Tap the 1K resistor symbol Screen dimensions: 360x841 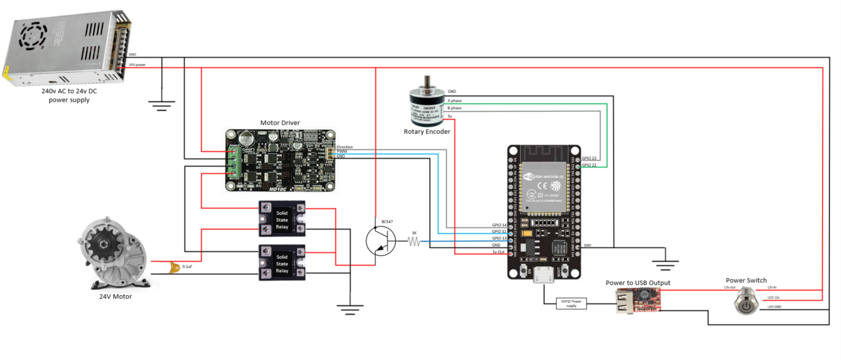[414, 242]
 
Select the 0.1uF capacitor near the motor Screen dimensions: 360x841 [175, 266]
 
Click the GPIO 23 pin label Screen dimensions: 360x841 [589, 158]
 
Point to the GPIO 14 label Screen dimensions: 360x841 [499, 225]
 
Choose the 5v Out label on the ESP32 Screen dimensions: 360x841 [499, 251]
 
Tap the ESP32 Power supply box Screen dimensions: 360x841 [571, 303]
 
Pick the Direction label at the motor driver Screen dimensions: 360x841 [345, 147]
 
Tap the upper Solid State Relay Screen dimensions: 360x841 [282, 218]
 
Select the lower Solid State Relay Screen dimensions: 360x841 [282, 263]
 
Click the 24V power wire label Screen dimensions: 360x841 [137, 64]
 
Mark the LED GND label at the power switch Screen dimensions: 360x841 [774, 307]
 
